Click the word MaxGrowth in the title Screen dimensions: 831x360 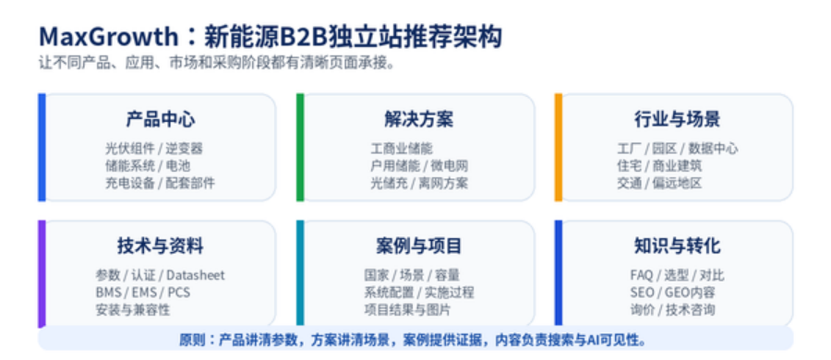click(x=108, y=37)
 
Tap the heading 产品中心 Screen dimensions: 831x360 click(x=160, y=119)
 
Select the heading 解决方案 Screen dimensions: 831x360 click(x=418, y=119)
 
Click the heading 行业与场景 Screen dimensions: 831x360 click(x=678, y=119)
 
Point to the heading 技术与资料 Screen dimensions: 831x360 click(x=160, y=246)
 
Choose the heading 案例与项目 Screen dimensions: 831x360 click(x=418, y=246)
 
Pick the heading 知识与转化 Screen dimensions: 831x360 click(x=678, y=246)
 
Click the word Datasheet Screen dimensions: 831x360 click(x=196, y=275)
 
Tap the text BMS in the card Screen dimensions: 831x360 click(x=108, y=292)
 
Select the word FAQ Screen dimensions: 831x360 click(x=642, y=275)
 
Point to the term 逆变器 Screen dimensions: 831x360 click(x=184, y=149)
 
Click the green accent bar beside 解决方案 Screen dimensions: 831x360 click(x=300, y=148)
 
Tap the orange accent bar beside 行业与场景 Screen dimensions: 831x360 click(x=559, y=148)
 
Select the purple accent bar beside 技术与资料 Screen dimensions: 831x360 click(x=42, y=273)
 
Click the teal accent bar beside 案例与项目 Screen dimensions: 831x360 click(x=300, y=272)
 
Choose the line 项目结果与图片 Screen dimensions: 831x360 click(x=407, y=309)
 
